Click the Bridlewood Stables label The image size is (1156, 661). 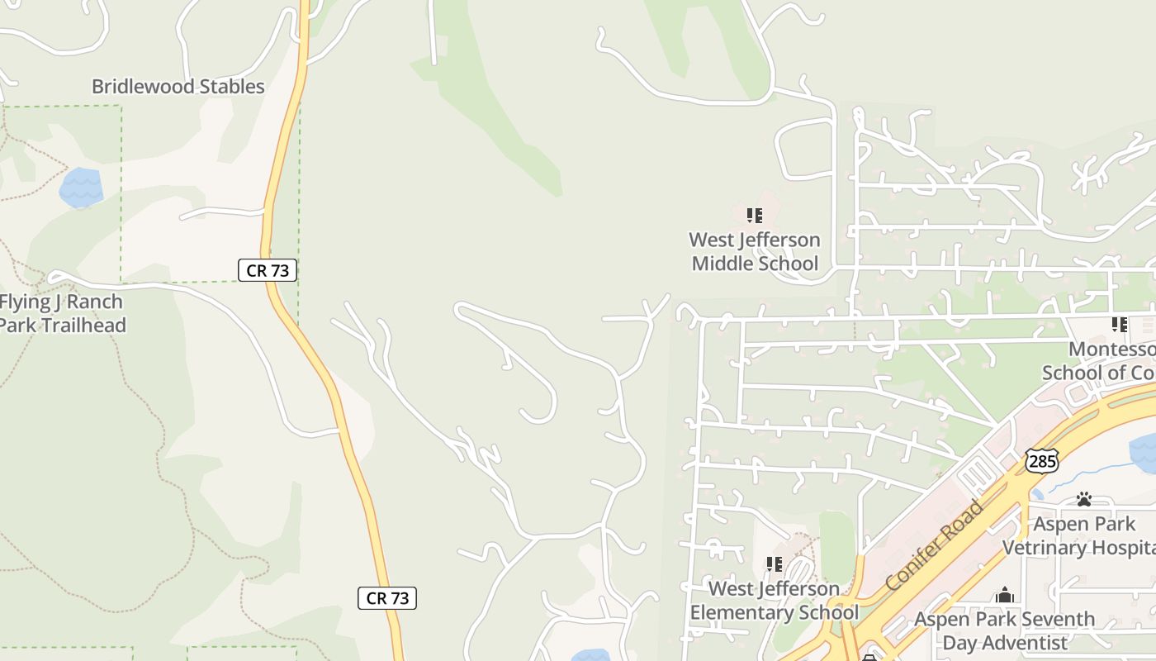178,87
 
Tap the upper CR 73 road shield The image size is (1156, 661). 268,269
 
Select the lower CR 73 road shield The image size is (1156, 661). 387,598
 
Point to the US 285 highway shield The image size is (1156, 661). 1042,461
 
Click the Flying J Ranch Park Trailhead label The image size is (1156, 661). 62,313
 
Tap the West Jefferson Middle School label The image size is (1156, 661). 755,252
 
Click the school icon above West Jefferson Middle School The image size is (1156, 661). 754,216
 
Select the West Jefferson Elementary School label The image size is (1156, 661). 774,601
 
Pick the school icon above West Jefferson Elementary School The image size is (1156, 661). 774,564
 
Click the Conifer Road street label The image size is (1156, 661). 935,544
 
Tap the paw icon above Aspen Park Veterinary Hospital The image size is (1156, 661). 1084,499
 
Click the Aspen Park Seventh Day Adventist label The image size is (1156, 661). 1004,630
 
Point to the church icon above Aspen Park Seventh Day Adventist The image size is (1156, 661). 1004,595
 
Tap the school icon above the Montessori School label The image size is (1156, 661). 1119,325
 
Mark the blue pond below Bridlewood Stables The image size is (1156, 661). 82,188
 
